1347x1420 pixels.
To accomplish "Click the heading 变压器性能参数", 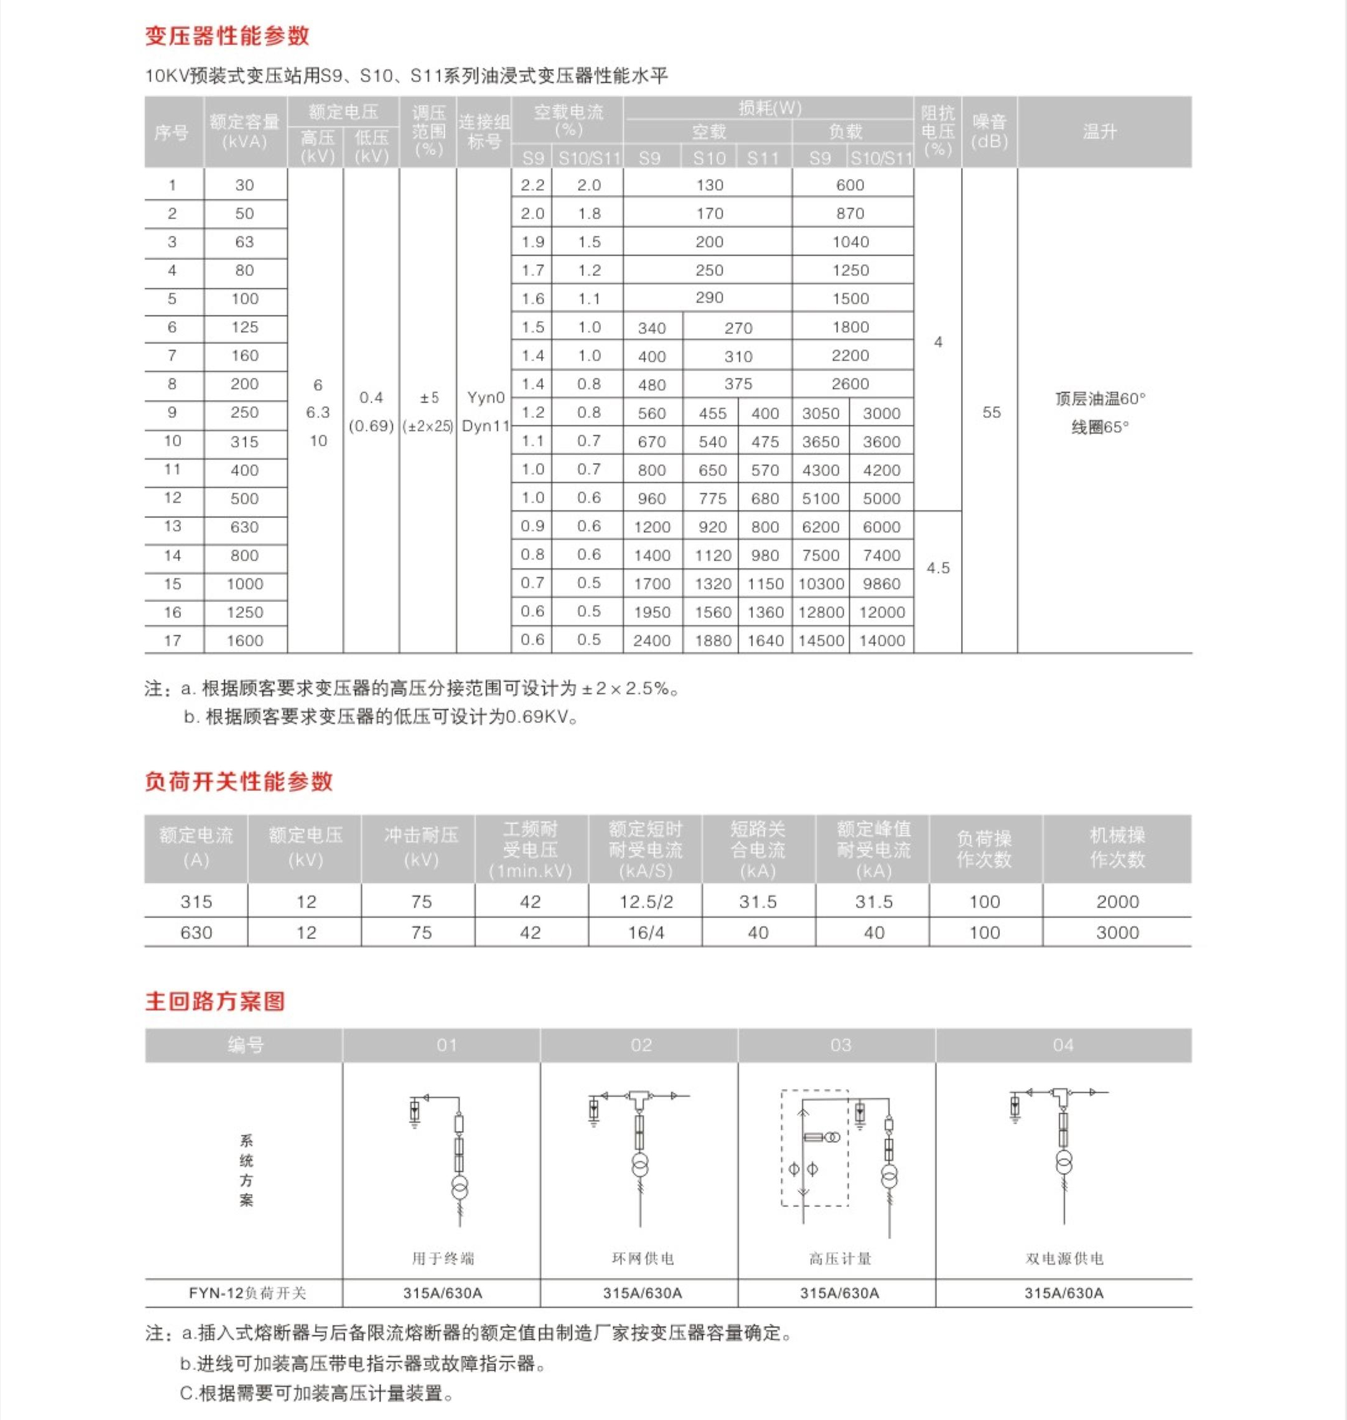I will (227, 36).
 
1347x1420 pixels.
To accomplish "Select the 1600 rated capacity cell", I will (245, 640).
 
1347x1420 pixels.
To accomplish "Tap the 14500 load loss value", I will (821, 640).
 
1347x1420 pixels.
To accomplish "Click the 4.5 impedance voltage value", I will (938, 568).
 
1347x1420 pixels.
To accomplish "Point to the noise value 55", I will (991, 412).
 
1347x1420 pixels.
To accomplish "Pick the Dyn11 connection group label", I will (485, 426).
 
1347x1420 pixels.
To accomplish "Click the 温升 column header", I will (1099, 132).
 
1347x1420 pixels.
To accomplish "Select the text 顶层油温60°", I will (1100, 398).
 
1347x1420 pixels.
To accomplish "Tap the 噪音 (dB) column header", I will (989, 132).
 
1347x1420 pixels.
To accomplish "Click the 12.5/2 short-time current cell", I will (645, 901).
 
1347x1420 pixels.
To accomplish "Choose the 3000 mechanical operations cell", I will (1117, 932).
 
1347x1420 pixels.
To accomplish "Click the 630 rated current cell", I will (196, 932).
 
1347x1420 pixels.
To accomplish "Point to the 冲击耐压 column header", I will (421, 847).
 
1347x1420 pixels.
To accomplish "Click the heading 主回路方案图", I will (215, 1001).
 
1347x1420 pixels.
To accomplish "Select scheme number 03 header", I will (840, 1045).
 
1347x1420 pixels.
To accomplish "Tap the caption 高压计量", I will (839, 1258).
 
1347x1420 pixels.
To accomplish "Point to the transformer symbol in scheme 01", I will (459, 1186).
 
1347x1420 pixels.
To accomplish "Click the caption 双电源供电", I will (1064, 1258).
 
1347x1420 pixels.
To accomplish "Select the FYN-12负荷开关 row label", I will (247, 1293).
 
